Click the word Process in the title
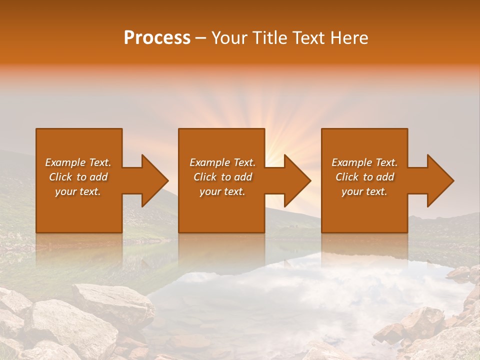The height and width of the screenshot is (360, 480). click(157, 38)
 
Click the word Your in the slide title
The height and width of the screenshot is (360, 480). click(229, 38)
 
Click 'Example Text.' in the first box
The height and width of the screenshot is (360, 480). click(78, 162)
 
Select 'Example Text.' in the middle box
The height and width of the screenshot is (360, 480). click(222, 162)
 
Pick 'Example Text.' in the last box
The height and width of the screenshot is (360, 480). click(364, 162)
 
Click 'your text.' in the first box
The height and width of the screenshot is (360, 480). click(78, 191)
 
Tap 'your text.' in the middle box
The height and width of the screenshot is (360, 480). click(222, 191)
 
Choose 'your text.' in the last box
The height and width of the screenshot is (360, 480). click(364, 191)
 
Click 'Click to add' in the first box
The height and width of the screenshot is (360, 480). click(78, 177)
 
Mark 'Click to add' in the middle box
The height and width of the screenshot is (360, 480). click(222, 177)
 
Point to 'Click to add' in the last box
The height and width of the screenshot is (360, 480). click(364, 177)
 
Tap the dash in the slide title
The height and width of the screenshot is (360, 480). click(201, 38)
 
